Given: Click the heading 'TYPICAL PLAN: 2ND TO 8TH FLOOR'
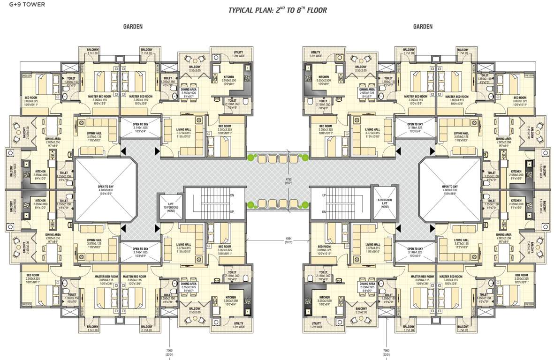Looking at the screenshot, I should (277, 10).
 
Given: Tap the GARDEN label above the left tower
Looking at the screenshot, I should (133, 27).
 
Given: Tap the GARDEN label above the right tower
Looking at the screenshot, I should (423, 27).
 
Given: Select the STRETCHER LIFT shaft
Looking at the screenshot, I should (385, 202).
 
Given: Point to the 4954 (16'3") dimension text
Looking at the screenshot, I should (288, 240).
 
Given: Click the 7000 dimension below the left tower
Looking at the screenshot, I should (169, 352).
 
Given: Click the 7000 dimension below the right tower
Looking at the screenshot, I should (386, 352).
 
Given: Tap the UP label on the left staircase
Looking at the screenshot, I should (232, 212).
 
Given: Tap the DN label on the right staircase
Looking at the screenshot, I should (323, 212).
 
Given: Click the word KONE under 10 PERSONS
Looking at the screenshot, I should (168, 211).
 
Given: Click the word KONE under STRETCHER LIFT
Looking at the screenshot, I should (385, 207).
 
